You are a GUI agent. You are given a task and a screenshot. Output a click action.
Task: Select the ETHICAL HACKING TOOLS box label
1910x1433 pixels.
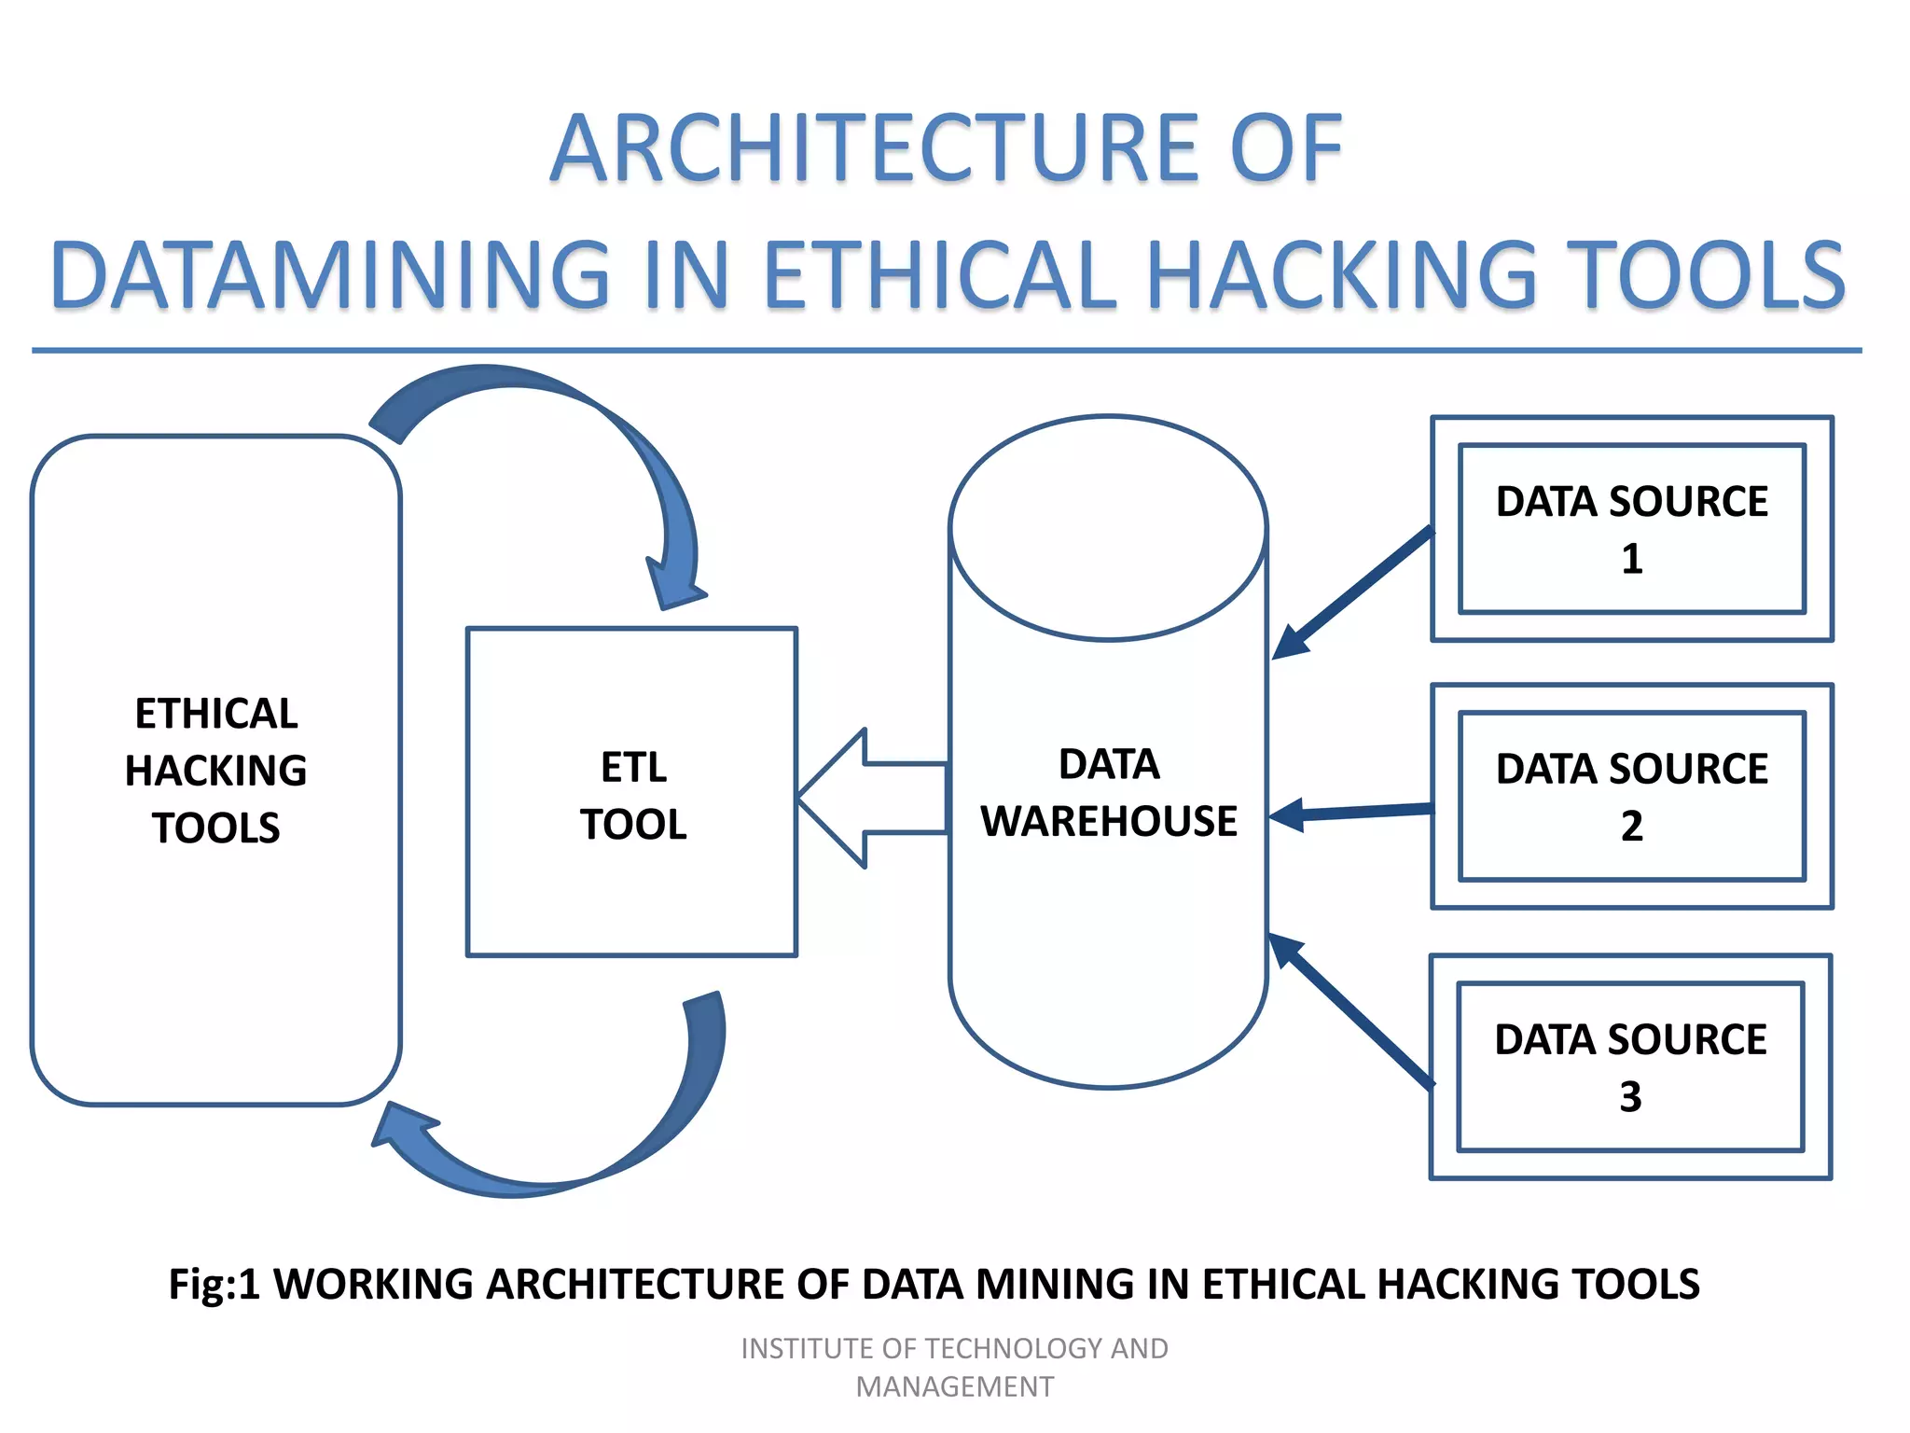point(216,771)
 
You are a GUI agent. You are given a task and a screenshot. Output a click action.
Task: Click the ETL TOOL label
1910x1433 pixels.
point(633,796)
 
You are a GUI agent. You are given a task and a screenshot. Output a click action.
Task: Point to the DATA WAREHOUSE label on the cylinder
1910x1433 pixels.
point(1109,793)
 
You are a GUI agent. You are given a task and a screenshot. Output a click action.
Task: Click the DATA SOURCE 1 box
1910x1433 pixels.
point(1632,529)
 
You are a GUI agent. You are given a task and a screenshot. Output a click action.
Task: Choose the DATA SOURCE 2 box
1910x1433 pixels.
point(1632,796)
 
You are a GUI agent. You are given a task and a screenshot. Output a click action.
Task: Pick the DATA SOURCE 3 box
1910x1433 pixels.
point(1630,1066)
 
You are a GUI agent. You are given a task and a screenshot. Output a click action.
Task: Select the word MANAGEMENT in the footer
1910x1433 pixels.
point(955,1387)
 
